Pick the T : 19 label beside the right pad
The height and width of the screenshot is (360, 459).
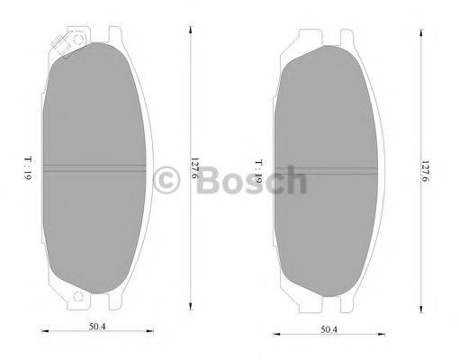pyautogui.click(x=257, y=171)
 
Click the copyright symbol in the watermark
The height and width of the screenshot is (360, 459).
pyautogui.click(x=168, y=180)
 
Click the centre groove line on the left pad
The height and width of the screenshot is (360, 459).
pyautogui.click(x=94, y=168)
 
